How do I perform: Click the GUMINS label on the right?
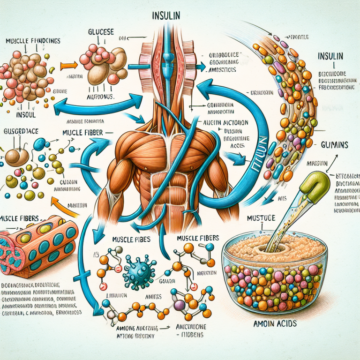334,145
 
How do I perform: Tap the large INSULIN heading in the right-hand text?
332,57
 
